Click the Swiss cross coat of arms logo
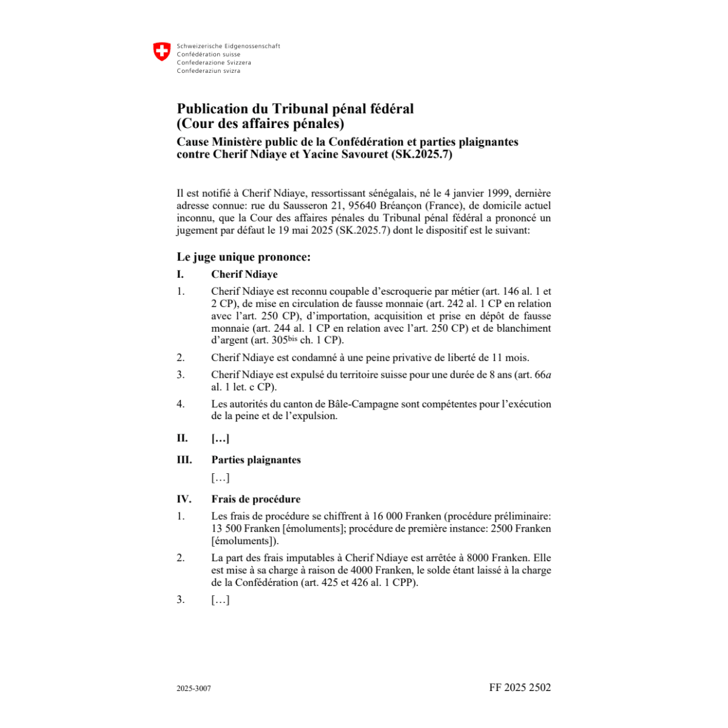tap(161, 51)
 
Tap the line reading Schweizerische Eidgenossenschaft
tap(228, 46)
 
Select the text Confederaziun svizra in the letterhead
tap(208, 71)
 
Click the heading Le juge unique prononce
tap(243, 257)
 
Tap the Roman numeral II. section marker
tap(182, 439)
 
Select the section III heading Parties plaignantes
tap(256, 460)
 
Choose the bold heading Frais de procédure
tap(255, 499)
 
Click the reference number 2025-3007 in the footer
tap(194, 689)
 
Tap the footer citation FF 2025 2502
tap(520, 687)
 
